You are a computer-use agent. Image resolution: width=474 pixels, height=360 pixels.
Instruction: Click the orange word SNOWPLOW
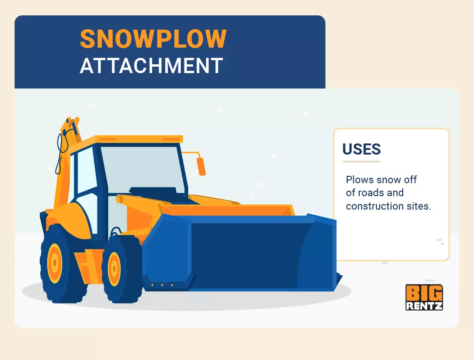[153, 39]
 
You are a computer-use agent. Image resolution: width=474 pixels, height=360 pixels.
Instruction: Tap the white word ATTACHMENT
[152, 66]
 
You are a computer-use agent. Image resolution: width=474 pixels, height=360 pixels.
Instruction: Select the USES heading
[362, 149]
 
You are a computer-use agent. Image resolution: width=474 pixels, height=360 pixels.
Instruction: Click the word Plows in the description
[360, 180]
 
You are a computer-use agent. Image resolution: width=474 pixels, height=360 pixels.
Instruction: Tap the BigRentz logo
[424, 298]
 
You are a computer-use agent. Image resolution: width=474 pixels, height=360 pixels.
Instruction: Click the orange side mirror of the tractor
[201, 166]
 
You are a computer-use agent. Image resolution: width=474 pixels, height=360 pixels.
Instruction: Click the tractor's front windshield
[142, 169]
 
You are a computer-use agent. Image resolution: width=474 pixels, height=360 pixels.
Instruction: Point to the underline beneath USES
[362, 161]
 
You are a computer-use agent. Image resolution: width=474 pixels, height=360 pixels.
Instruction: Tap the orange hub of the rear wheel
[55, 262]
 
